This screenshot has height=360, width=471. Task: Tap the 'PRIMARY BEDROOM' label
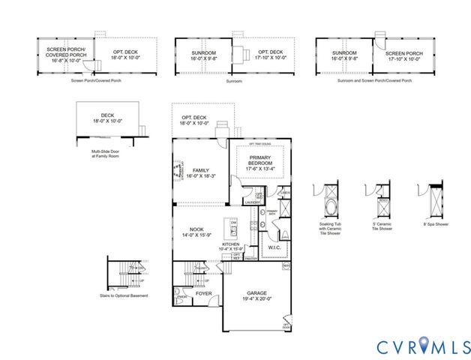pos(259,160)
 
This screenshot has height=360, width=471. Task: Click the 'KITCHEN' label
pos(230,244)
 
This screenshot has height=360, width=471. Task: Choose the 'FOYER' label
pos(202,293)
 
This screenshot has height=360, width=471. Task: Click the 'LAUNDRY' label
pos(253,202)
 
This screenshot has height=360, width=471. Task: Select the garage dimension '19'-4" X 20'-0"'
pos(256,300)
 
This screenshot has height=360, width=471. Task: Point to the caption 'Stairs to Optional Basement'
pos(127,295)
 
